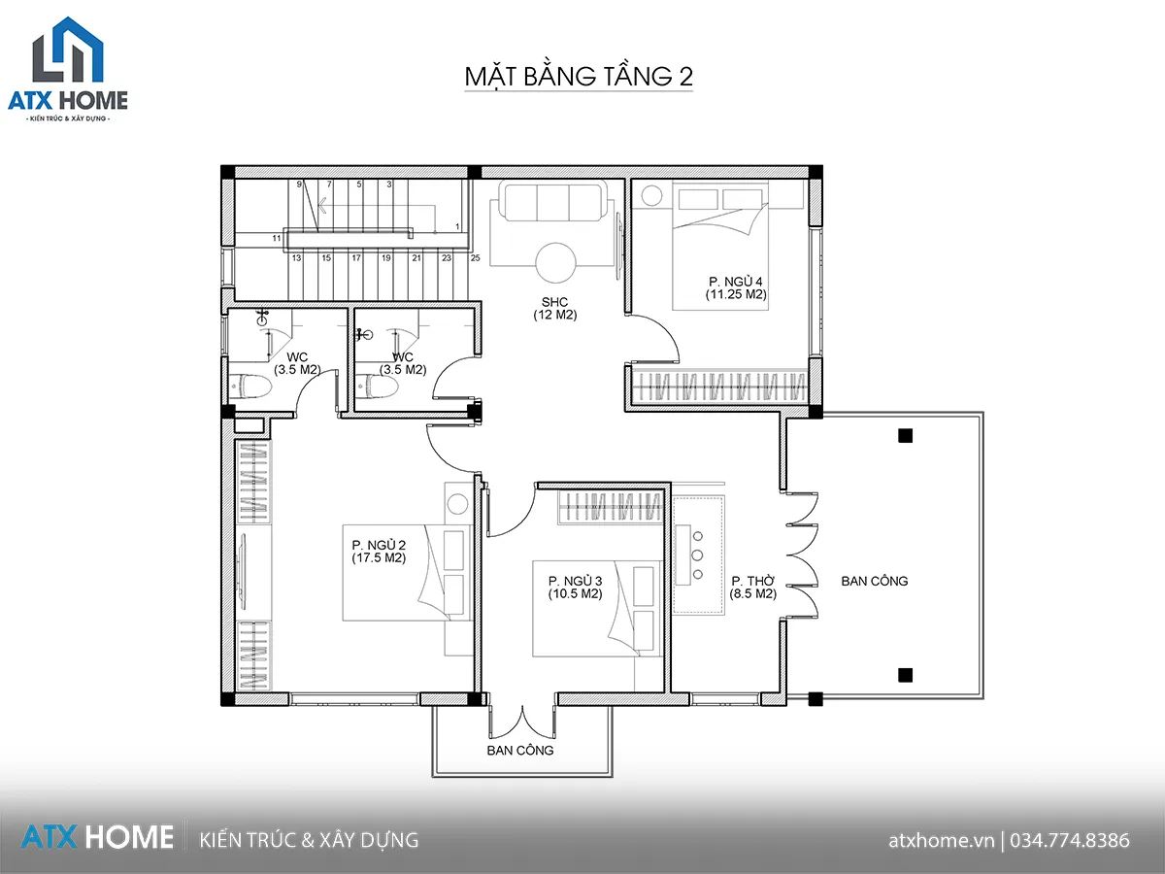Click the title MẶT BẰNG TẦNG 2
(x=579, y=77)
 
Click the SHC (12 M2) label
(x=554, y=308)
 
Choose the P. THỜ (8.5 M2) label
(x=752, y=588)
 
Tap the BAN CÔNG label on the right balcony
(x=874, y=581)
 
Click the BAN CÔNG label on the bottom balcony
(x=520, y=751)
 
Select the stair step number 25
(x=475, y=258)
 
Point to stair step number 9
(x=299, y=185)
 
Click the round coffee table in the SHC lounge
(x=555, y=262)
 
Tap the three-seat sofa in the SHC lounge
(x=555, y=202)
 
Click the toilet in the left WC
(x=250, y=386)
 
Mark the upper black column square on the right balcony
(x=905, y=436)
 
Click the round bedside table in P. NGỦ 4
(x=651, y=195)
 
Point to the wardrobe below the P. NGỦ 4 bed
(x=719, y=386)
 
